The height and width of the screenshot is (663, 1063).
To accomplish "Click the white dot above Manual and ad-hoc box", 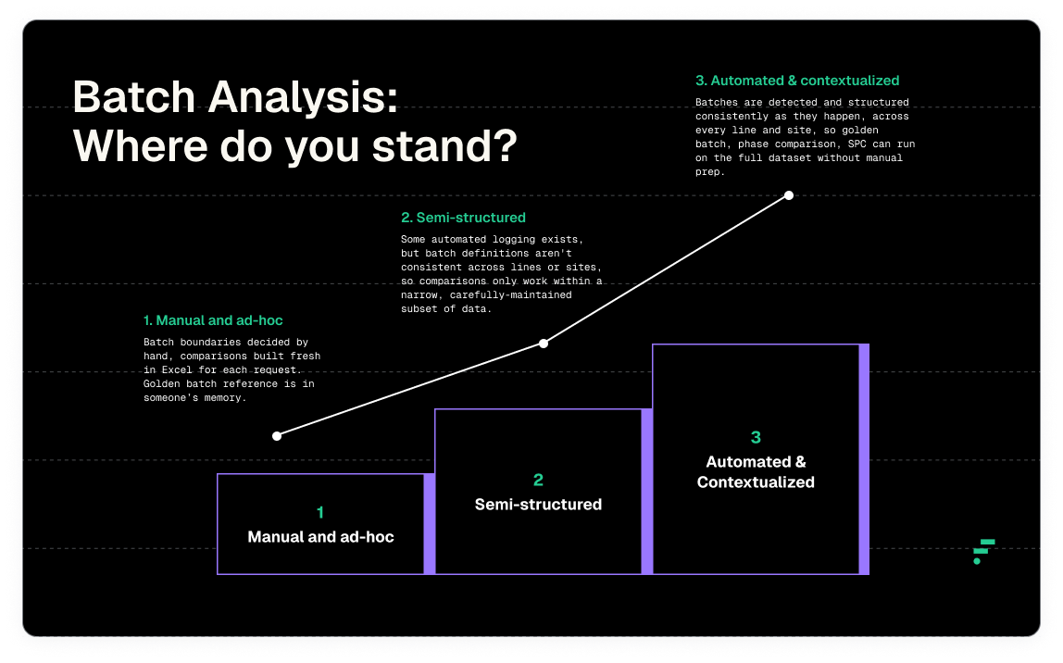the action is pos(277,436).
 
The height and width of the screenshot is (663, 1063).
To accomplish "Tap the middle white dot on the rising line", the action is pos(543,344).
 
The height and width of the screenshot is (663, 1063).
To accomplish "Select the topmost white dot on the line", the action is pos(788,195).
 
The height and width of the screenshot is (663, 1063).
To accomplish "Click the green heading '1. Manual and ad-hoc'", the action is pos(213,320).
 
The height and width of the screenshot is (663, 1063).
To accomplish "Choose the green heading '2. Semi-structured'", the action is pos(463,218).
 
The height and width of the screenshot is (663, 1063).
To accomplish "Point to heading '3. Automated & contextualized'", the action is pos(797,81).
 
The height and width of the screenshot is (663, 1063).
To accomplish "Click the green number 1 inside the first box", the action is pos(320,512).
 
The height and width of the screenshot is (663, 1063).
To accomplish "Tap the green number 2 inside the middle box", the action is pos(538,480).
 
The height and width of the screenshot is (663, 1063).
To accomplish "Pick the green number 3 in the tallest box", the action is pos(756,437).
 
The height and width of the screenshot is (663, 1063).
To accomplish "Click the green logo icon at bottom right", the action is pos(983,552).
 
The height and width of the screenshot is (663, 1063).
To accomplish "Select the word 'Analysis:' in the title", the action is pos(303,97).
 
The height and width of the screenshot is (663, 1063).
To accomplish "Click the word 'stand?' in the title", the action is pos(444,145).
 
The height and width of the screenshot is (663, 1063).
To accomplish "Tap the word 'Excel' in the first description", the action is pos(177,370).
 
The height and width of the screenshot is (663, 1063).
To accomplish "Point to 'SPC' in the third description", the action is pos(857,144).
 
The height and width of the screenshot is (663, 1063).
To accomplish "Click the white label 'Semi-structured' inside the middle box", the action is pos(538,505).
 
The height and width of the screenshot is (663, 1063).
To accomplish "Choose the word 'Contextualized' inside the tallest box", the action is pos(756,482).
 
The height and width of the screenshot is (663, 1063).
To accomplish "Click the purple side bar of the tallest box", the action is pos(864,459).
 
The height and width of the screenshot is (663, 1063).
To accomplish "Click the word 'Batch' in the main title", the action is pos(134,97).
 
